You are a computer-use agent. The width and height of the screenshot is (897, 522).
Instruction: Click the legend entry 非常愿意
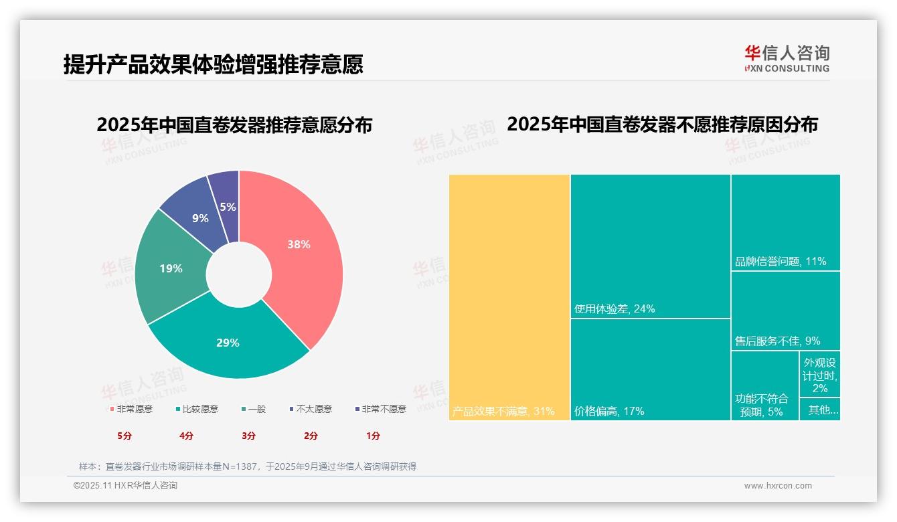coord(131,409)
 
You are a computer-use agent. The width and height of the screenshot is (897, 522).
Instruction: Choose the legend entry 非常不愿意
coord(380,409)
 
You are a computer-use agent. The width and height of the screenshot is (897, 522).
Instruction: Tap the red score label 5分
coord(125,436)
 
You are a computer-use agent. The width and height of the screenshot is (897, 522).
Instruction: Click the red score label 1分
coord(373,436)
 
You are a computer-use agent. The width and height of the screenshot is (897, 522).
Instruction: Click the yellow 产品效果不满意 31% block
coord(509,297)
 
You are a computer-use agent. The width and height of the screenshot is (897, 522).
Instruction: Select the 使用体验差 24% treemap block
coord(650,246)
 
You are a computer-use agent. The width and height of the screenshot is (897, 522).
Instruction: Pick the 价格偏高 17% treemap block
coord(650,369)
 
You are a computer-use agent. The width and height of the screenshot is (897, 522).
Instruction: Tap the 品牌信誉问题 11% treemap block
coord(785,222)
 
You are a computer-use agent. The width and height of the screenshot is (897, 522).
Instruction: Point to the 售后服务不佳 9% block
coord(785,311)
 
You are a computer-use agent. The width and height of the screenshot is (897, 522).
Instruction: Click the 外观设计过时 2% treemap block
coord(820,374)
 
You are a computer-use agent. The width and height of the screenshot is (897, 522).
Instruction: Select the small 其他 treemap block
coord(820,410)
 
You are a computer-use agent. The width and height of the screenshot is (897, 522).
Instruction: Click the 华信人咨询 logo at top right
coord(787,58)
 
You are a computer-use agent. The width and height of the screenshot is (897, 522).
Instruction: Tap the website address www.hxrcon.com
coord(778,486)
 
